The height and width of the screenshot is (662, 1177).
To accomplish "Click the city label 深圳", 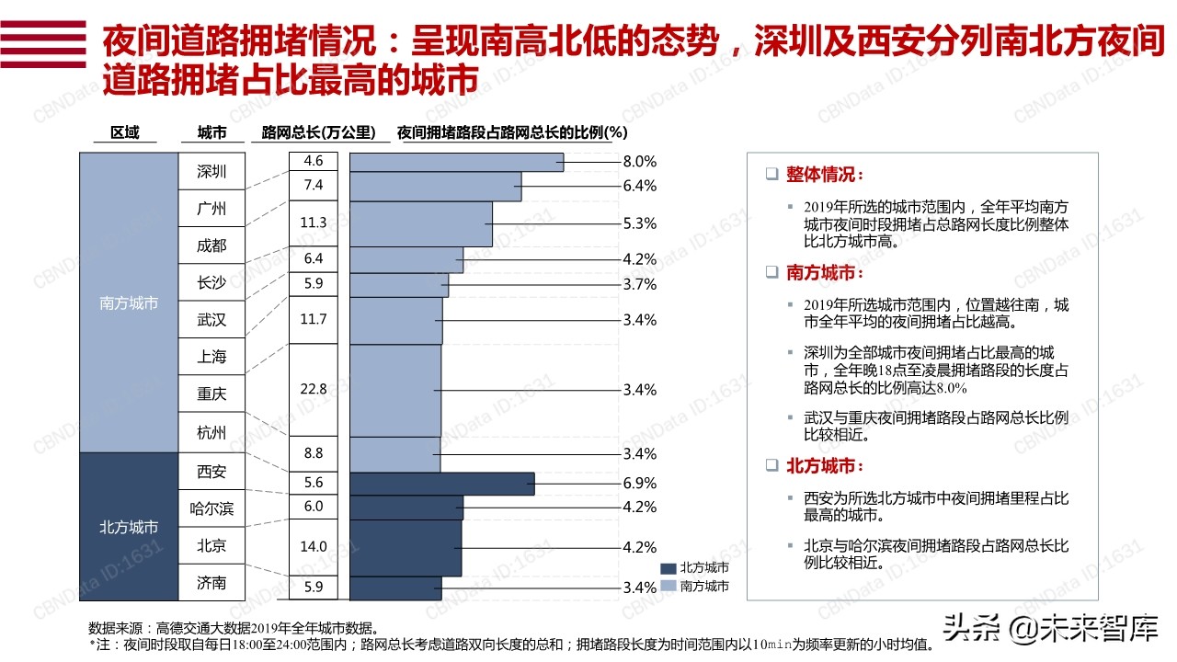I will (211, 172).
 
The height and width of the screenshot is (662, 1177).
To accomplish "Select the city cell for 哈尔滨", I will (211, 508).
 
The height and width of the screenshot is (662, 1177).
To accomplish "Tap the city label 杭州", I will (211, 431).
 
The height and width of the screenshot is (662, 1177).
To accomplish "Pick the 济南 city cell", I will (211, 583).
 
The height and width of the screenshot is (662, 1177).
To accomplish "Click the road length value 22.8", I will (314, 389).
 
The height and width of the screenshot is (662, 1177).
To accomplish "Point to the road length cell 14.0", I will (314, 546).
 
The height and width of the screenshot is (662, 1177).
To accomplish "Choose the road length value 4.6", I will (314, 161).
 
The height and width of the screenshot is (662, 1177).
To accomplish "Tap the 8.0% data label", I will (639, 162).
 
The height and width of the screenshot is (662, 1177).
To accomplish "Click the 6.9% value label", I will (639, 483).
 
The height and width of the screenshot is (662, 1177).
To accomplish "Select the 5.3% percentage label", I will (639, 223).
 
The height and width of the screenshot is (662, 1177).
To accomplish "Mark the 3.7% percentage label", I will (639, 285).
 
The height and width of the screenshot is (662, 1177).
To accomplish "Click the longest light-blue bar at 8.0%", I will (457, 162).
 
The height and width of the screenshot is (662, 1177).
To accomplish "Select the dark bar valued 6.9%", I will (442, 484).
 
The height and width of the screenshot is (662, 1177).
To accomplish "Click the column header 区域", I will (125, 132).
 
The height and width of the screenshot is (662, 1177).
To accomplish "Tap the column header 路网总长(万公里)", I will (319, 132).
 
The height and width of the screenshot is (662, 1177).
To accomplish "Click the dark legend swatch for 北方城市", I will (668, 568).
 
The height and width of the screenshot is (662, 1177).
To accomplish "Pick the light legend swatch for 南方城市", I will (668, 586).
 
